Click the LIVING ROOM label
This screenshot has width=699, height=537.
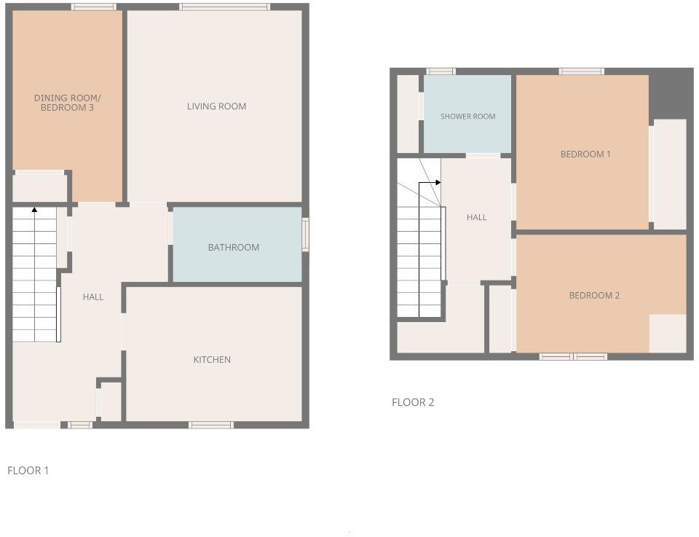[216, 106]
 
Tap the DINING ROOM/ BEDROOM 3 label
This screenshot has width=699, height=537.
[68, 103]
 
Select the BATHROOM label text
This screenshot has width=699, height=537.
[234, 248]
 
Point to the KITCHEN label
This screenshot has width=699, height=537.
[212, 360]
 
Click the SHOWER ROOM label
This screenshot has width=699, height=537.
[467, 117]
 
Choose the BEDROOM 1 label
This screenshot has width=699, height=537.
[585, 154]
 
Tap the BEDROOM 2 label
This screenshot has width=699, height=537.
[594, 296]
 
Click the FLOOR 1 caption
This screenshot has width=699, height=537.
[28, 471]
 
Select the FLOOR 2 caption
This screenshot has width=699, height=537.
[413, 402]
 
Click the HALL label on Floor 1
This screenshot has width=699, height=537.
[93, 297]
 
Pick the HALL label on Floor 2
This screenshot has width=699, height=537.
[476, 217]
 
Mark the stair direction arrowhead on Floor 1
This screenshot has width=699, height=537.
[34, 210]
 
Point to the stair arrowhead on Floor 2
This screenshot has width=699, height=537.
[438, 182]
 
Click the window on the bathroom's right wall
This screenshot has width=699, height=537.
[306, 235]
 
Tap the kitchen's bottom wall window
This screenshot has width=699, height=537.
[211, 425]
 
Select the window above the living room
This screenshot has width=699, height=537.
[225, 7]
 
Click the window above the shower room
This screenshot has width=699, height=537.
[441, 71]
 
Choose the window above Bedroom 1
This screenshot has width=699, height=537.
[581, 71]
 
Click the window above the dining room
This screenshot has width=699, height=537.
[93, 7]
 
